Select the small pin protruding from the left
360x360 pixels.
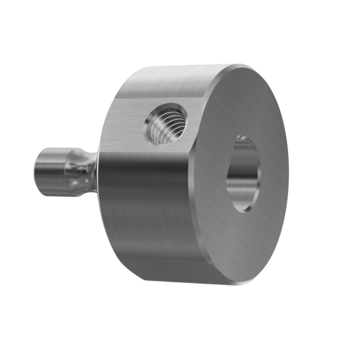click(60, 172)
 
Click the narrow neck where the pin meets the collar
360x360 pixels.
click(90, 170)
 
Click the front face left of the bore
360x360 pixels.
click(210, 180)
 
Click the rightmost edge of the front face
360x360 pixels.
click(287, 174)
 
